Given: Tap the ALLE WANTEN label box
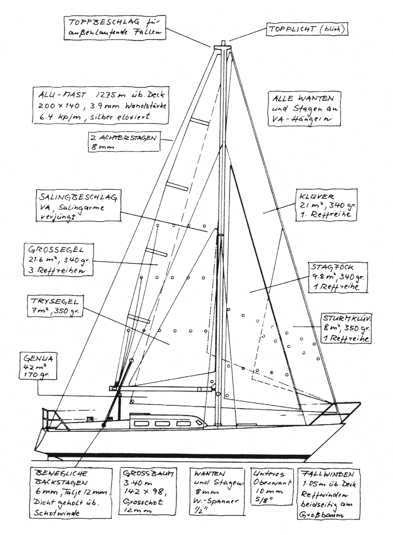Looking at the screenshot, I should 303,109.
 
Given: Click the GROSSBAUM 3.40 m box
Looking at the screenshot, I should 149,493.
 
